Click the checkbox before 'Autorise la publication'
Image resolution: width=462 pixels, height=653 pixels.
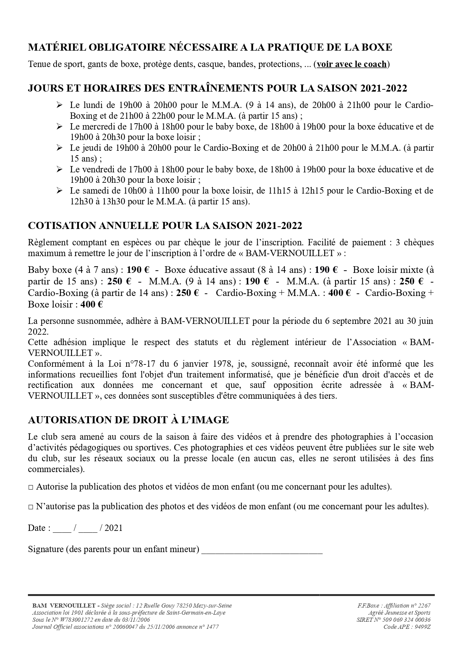pos(31,487)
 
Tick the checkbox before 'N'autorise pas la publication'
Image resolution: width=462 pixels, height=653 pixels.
pos(31,507)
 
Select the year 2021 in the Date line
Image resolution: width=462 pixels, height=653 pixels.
pos(114,528)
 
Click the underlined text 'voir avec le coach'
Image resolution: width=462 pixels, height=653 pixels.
pos(351,64)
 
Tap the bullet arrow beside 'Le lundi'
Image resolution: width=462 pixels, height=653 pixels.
pos(59,105)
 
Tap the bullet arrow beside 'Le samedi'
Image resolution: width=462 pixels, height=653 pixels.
pos(59,191)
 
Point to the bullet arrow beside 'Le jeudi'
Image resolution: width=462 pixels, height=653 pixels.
pos(59,148)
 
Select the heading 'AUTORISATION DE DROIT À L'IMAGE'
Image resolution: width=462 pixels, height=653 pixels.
pos(128,420)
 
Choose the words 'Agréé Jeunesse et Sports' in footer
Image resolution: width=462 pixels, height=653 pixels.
pos(399,613)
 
